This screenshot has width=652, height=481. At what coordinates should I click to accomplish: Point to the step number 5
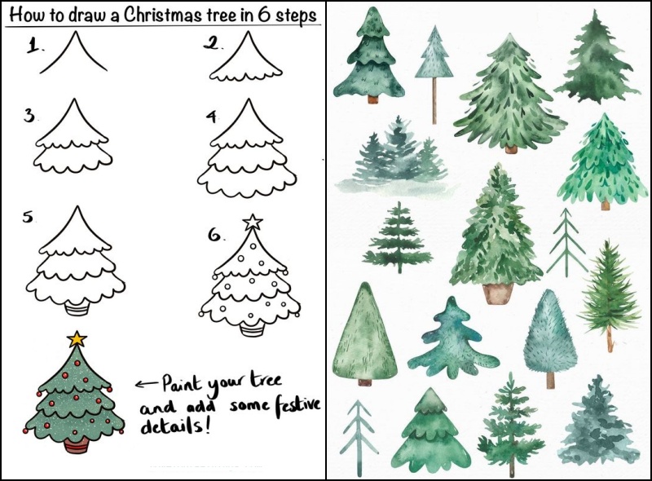tap(28, 217)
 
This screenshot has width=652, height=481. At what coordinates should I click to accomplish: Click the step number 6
tap(215, 235)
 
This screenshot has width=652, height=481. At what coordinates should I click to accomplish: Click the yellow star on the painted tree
tap(77, 339)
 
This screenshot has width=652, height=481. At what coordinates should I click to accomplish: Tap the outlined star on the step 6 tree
tap(253, 222)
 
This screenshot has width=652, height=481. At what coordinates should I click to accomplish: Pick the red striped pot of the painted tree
tap(77, 445)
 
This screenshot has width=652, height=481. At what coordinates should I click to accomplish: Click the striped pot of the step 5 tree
tap(77, 310)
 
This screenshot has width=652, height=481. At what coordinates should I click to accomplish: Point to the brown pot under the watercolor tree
tap(498, 293)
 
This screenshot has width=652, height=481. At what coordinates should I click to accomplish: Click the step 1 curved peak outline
tap(73, 52)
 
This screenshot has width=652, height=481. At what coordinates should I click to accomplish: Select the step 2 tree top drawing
tap(247, 56)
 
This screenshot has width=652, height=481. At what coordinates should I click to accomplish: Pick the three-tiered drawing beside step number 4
tap(247, 148)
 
